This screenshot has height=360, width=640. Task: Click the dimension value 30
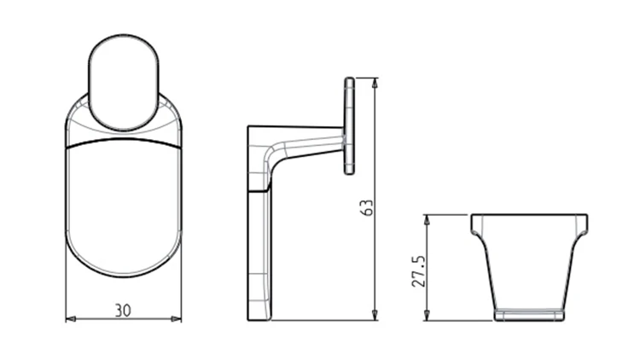(123, 311)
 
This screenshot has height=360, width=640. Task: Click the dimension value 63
(367, 208)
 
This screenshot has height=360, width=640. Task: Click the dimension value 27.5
(419, 271)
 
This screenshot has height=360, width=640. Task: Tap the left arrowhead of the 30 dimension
(71, 319)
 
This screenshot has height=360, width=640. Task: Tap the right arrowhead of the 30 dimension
(177, 319)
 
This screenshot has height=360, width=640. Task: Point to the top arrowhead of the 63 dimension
(375, 83)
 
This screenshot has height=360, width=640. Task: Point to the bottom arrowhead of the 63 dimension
(375, 315)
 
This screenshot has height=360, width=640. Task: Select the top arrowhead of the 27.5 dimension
(427, 220)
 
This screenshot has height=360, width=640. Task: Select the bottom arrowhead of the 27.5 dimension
(427, 315)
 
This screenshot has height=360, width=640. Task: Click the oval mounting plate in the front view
(124, 83)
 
